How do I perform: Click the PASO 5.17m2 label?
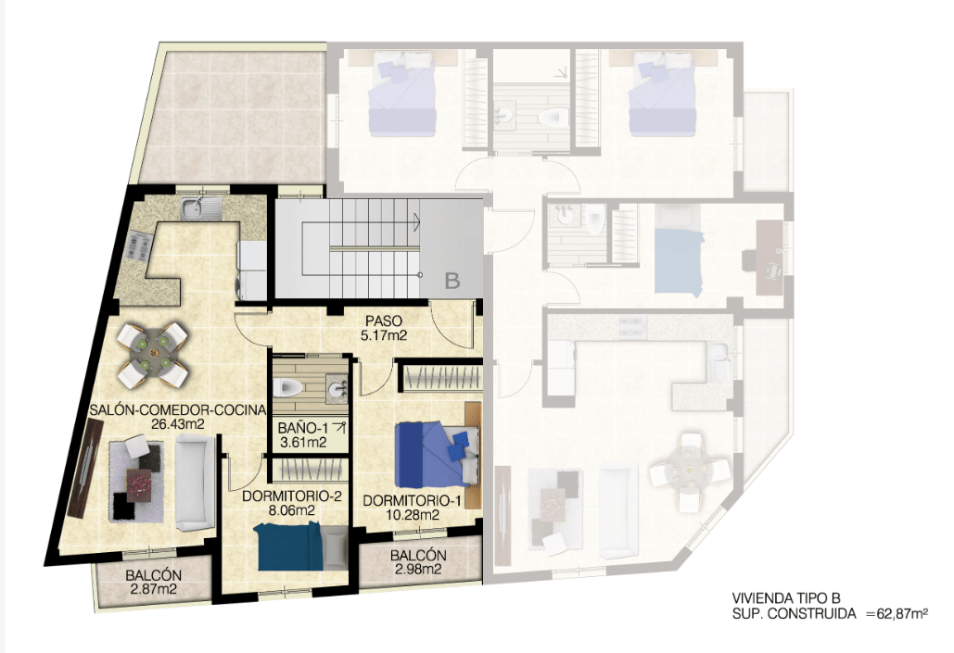click(383, 327)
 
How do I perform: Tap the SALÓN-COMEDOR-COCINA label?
click(178, 409)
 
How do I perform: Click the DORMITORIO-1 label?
click(413, 501)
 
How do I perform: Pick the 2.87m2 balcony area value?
click(153, 589)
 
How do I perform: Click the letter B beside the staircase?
click(452, 281)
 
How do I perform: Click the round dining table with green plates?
click(153, 355)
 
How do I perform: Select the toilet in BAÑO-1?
click(288, 386)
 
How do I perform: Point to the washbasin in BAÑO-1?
click(337, 388)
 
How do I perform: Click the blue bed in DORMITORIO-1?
click(437, 455)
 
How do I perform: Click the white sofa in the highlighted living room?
click(195, 484)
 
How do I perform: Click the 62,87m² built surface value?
click(902, 613)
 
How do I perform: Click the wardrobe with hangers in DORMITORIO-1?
click(439, 378)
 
